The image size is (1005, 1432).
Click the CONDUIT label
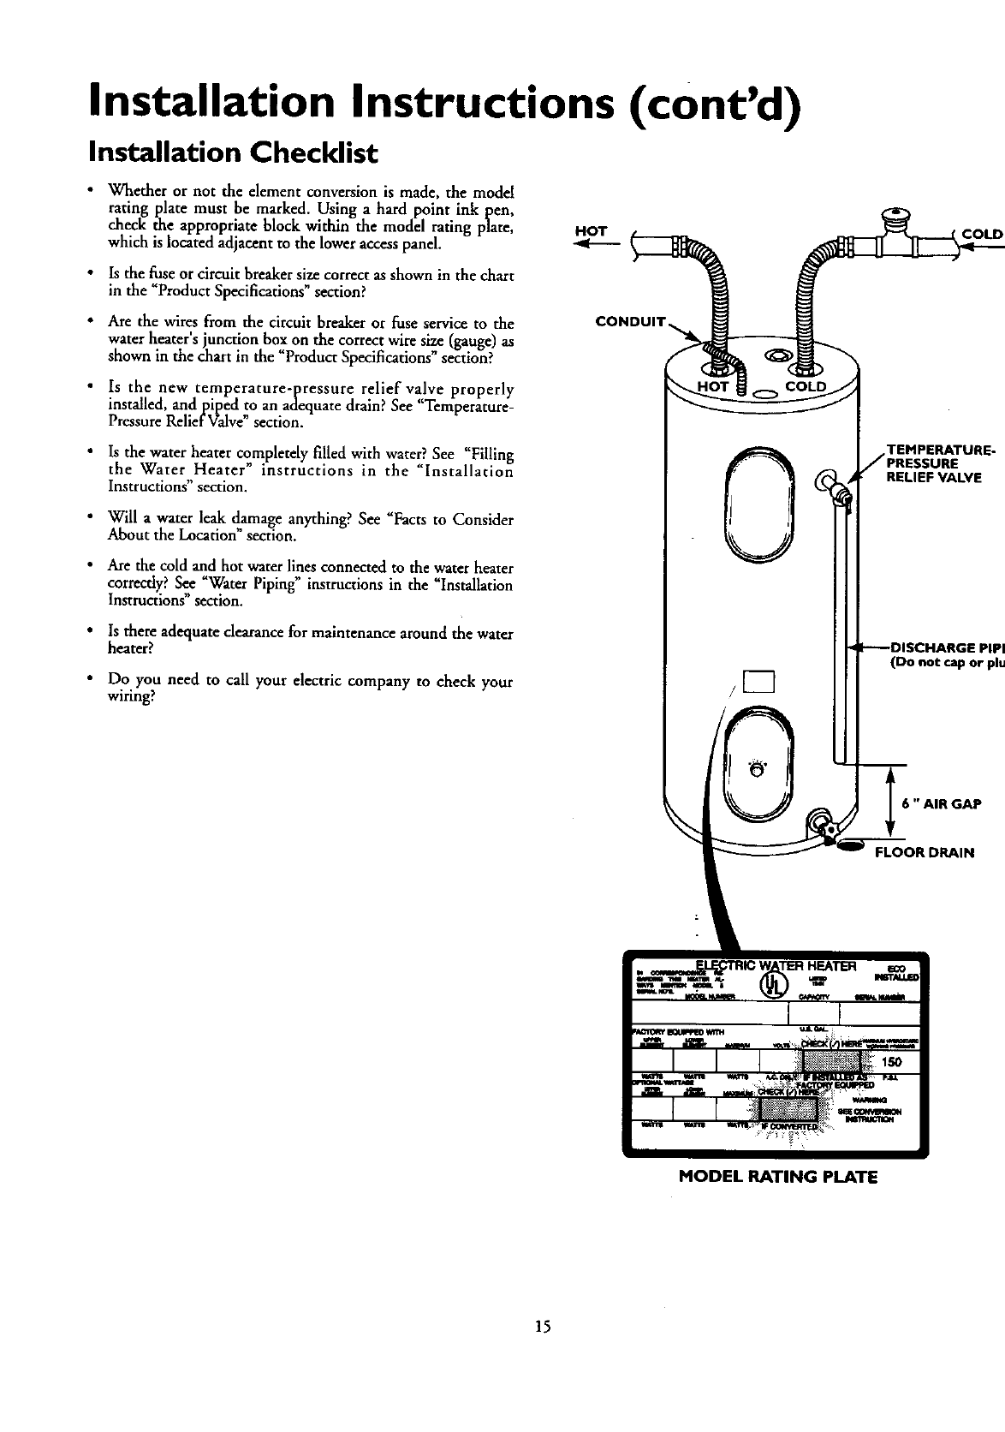(630, 322)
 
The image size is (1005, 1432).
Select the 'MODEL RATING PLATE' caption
(777, 1176)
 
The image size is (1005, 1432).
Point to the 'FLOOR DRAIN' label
(923, 852)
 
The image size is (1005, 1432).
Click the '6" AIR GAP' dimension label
(942, 803)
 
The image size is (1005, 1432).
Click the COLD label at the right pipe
(982, 232)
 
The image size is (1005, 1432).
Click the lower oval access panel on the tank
(760, 758)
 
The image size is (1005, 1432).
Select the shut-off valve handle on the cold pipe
(895, 216)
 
